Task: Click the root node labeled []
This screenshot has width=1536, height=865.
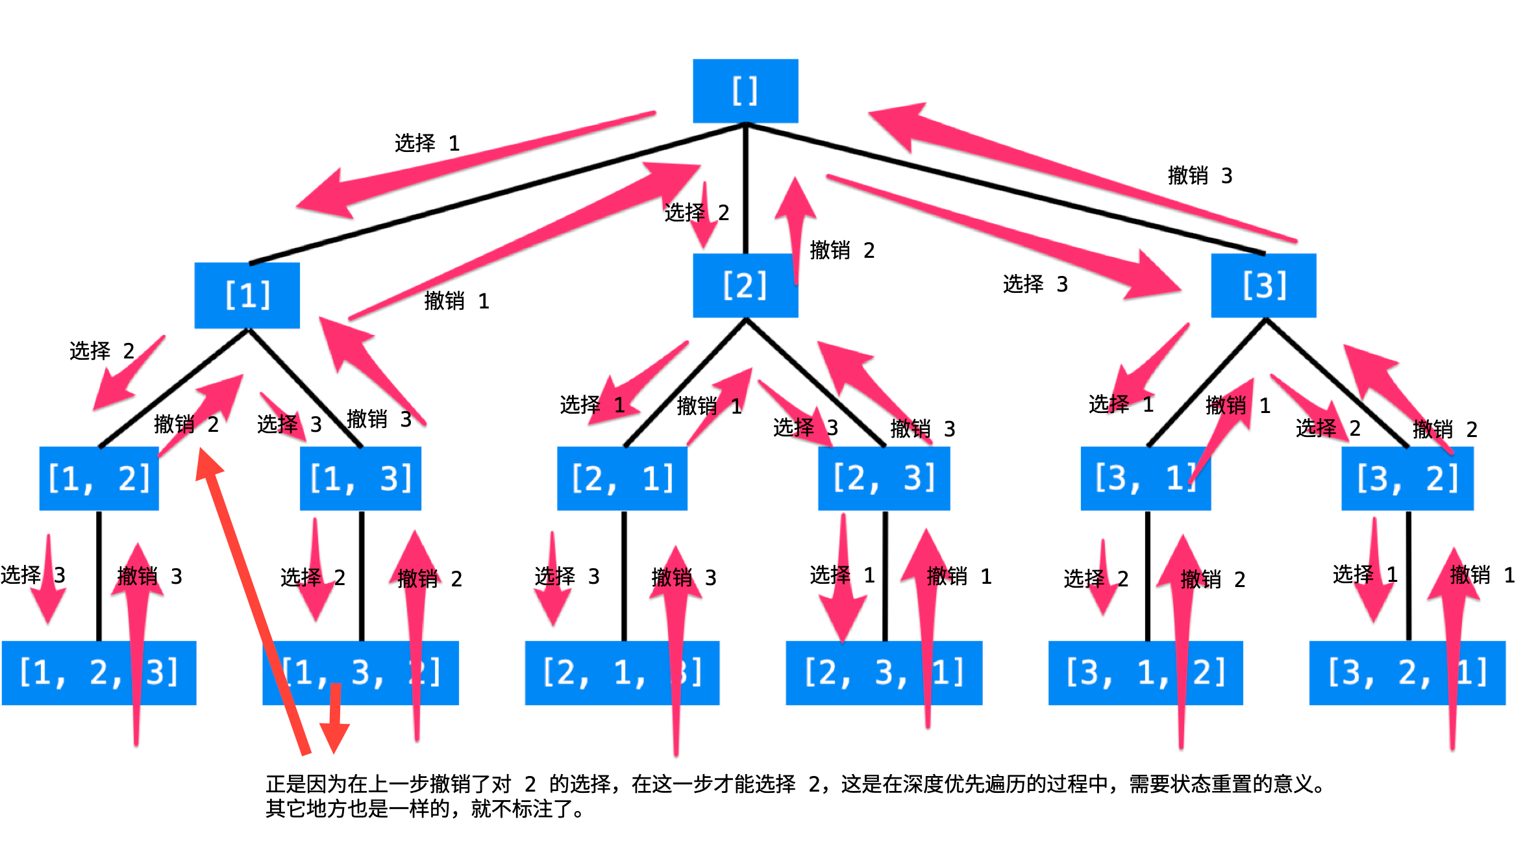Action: tap(745, 91)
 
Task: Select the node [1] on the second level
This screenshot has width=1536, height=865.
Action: tap(247, 295)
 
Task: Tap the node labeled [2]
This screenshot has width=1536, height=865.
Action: tap(745, 286)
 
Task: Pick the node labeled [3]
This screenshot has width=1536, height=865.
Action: tap(1263, 286)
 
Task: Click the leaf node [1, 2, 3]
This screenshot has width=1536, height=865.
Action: tap(99, 673)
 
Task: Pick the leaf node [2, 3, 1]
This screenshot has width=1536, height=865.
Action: tap(884, 673)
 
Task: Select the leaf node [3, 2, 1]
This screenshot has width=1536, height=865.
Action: tap(1407, 673)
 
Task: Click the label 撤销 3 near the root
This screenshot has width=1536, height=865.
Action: tap(1200, 175)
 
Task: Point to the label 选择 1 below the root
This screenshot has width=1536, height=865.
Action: tap(427, 143)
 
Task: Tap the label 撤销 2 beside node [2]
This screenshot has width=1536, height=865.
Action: tap(842, 250)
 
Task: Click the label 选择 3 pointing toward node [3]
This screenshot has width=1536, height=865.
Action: tap(1035, 284)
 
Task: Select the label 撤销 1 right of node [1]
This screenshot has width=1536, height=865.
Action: tap(456, 301)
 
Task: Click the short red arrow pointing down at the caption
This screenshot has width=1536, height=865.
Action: tap(335, 721)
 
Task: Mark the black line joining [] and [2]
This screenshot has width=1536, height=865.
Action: tap(745, 188)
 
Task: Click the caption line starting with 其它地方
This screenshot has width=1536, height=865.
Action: tap(425, 809)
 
